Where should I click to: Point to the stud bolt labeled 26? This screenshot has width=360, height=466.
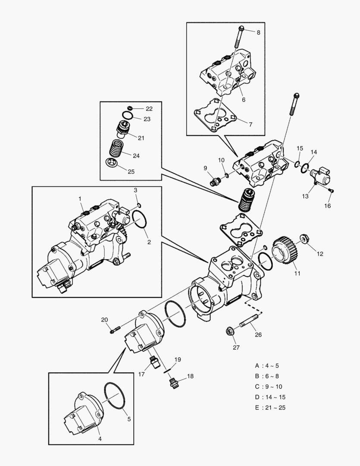pyautogui.click(x=249, y=323)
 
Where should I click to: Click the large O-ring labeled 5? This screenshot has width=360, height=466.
pyautogui.click(x=115, y=396)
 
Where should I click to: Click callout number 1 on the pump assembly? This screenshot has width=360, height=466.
pyautogui.click(x=80, y=198)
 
